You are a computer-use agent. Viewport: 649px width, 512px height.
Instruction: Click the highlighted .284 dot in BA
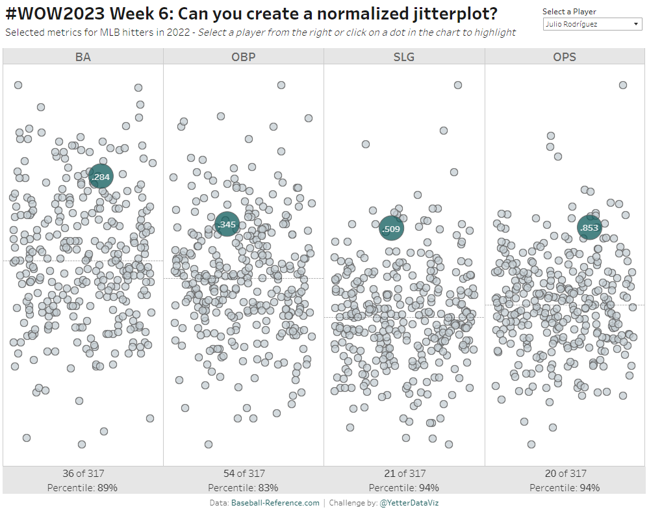(101, 176)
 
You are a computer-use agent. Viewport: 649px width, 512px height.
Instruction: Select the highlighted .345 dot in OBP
(227, 225)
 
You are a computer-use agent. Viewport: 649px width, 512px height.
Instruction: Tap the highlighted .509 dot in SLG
(392, 228)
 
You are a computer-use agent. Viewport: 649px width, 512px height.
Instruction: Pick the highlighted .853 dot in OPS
(589, 227)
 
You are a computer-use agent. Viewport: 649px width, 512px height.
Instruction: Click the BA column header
(83, 57)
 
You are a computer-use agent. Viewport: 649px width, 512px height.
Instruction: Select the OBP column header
(243, 57)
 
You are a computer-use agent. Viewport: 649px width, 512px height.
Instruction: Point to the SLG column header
(403, 57)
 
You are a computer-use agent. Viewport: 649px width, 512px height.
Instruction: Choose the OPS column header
(565, 57)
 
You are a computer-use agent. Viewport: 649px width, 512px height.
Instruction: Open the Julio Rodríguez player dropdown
(592, 24)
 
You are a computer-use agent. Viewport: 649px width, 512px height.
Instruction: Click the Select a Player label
(569, 12)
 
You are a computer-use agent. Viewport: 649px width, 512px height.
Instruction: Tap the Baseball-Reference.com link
(275, 503)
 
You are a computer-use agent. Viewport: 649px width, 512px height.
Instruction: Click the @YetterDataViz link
(409, 503)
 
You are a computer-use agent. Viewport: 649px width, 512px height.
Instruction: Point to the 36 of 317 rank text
(83, 474)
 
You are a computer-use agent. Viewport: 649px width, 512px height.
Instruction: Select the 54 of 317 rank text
(243, 474)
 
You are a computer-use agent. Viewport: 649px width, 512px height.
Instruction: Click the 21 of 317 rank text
(403, 474)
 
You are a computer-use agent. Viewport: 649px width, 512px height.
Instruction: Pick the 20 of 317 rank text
(565, 474)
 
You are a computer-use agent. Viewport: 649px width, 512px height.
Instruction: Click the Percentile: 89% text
(83, 487)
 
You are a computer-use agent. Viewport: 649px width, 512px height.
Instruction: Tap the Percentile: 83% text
(243, 487)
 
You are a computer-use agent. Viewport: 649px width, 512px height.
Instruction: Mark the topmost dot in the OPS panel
(622, 85)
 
